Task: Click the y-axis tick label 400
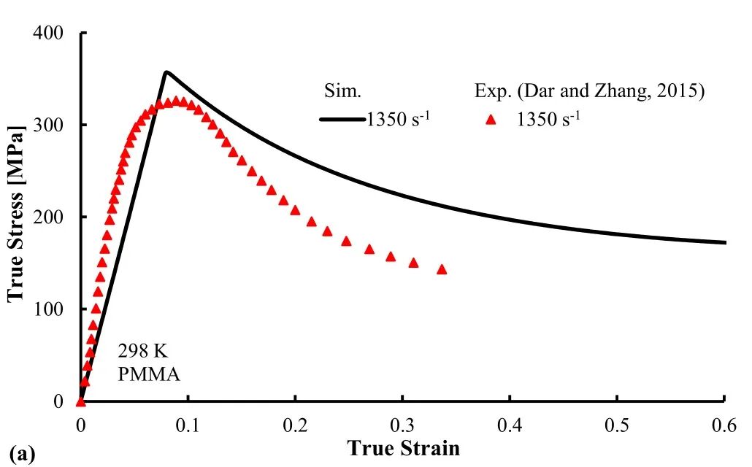point(48,33)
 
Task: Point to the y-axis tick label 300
point(48,125)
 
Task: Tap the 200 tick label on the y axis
point(48,217)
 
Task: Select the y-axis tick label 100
point(48,309)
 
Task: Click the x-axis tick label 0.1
point(188,425)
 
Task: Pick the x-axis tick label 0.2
point(295,425)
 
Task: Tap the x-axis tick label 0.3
point(402,425)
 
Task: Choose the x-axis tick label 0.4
point(510,425)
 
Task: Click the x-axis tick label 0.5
point(617,425)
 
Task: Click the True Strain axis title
point(403,448)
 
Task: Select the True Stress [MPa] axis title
point(16,215)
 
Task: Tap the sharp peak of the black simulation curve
point(166,72)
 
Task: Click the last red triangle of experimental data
point(442,269)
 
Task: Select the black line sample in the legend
point(342,120)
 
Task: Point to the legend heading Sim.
point(342,91)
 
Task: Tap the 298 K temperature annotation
point(143,352)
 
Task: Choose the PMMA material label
point(149,374)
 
